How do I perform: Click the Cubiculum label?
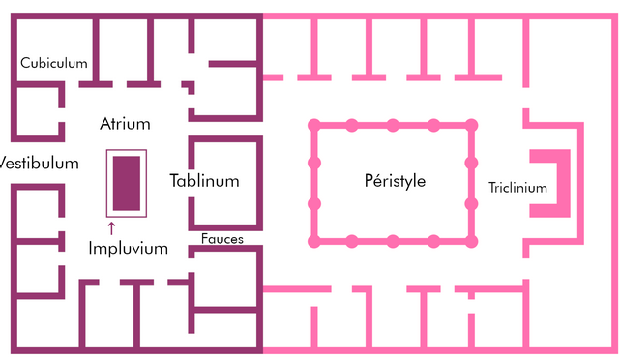[54, 63]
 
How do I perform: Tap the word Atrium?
[125, 124]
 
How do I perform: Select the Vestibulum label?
[39, 163]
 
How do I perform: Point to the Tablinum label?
[204, 181]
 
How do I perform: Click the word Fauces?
[222, 239]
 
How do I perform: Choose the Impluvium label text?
[128, 249]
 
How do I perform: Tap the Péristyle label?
[395, 181]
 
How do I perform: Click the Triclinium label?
[518, 187]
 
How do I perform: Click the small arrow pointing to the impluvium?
[111, 228]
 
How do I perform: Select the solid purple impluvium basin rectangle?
[127, 183]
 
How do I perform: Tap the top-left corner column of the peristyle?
[314, 126]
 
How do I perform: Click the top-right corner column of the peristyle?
[471, 126]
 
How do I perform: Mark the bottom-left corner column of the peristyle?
[314, 241]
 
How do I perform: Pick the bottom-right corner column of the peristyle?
[471, 241]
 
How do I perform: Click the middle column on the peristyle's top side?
[393, 126]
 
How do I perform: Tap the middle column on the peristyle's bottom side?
[393, 241]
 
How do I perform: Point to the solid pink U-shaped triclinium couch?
[564, 183]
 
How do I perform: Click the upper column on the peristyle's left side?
[314, 163]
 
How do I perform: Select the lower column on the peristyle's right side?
[471, 204]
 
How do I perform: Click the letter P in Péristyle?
[369, 180]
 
